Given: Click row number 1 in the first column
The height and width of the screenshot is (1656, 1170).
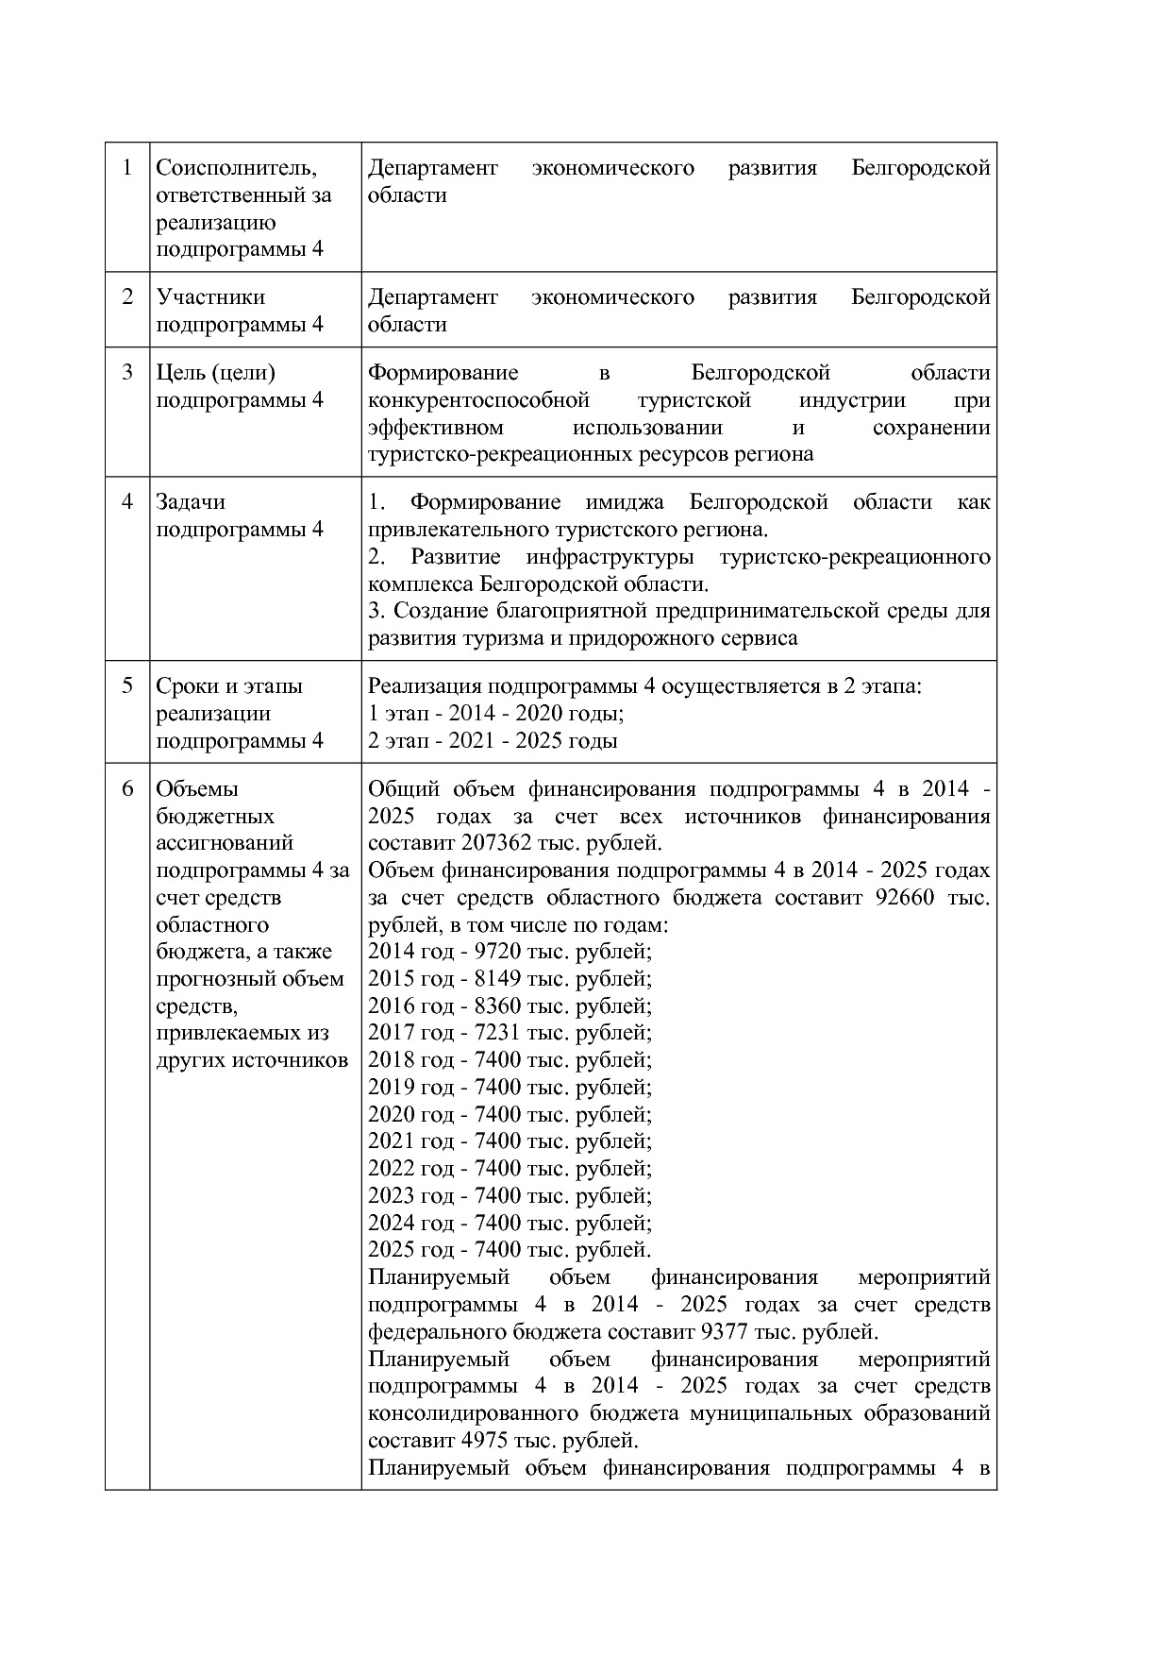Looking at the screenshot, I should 127,168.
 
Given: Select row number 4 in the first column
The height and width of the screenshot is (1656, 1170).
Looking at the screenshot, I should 127,501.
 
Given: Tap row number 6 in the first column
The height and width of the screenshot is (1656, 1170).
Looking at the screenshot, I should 127,788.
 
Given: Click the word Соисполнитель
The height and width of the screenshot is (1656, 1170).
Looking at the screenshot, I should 236,168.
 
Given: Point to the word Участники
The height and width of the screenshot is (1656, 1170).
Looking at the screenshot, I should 210,297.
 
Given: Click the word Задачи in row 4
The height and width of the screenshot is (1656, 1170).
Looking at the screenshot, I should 191,502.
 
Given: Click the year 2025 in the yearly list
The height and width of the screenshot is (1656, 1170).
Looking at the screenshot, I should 391,1250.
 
